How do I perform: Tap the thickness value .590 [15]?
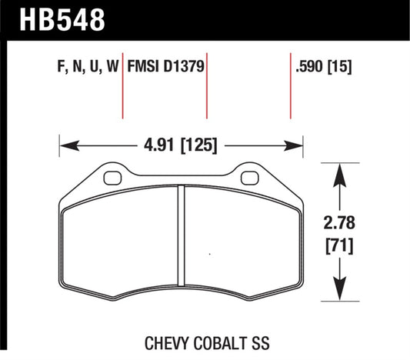[322, 67]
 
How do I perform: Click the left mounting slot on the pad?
[112, 178]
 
